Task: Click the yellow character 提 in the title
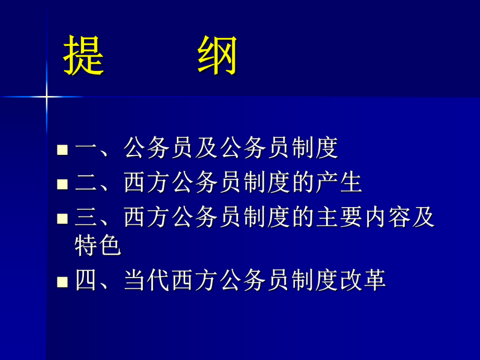pyautogui.click(x=84, y=56)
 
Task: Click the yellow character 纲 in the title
pyautogui.click(x=218, y=56)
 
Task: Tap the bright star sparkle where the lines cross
pyautogui.click(x=46, y=97)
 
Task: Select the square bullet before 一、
pyautogui.click(x=63, y=150)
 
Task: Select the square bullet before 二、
pyautogui.click(x=63, y=184)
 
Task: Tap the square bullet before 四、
pyautogui.click(x=63, y=282)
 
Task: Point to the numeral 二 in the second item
pyautogui.click(x=87, y=183)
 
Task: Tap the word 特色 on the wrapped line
pyautogui.click(x=98, y=246)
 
